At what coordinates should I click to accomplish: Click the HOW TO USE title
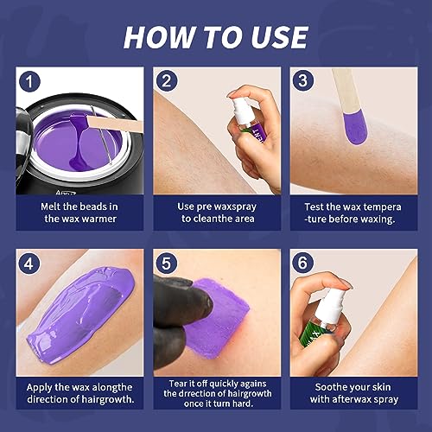point(215,36)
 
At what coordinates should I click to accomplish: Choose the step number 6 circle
point(303,260)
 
